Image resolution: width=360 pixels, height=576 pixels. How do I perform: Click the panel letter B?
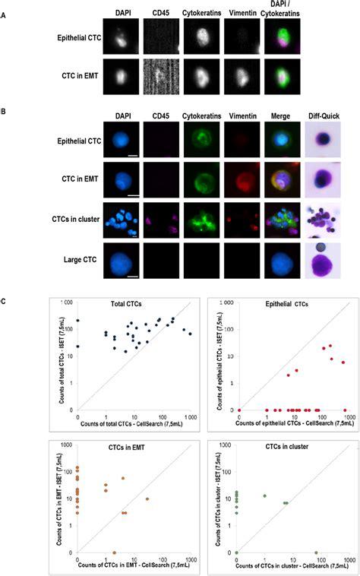(5, 111)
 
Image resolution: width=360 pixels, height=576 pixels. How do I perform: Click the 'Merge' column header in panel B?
(279, 119)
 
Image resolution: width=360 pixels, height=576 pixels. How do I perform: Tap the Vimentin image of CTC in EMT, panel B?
(238, 181)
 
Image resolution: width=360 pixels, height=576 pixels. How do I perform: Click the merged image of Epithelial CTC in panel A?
(279, 36)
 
